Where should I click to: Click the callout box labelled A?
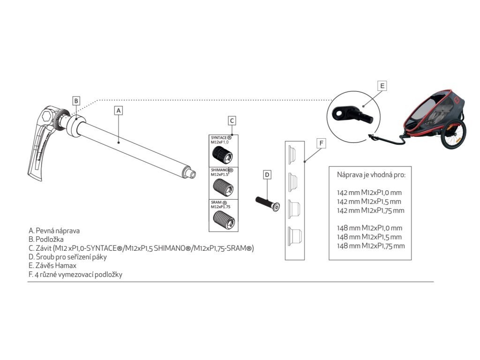tap(119, 111)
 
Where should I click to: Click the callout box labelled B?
tap(76, 100)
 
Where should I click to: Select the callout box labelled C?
tap(232, 120)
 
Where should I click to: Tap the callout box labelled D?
tap(267, 175)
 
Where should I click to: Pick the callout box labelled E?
tap(382, 86)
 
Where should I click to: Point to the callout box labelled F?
tap(320, 143)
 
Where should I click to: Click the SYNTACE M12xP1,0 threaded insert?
tap(223, 153)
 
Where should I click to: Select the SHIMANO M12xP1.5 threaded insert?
tap(222, 186)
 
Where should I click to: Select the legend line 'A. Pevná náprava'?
tap(54, 231)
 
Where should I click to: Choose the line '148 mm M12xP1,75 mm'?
tap(371, 246)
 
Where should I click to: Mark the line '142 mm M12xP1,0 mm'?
tap(369, 192)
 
